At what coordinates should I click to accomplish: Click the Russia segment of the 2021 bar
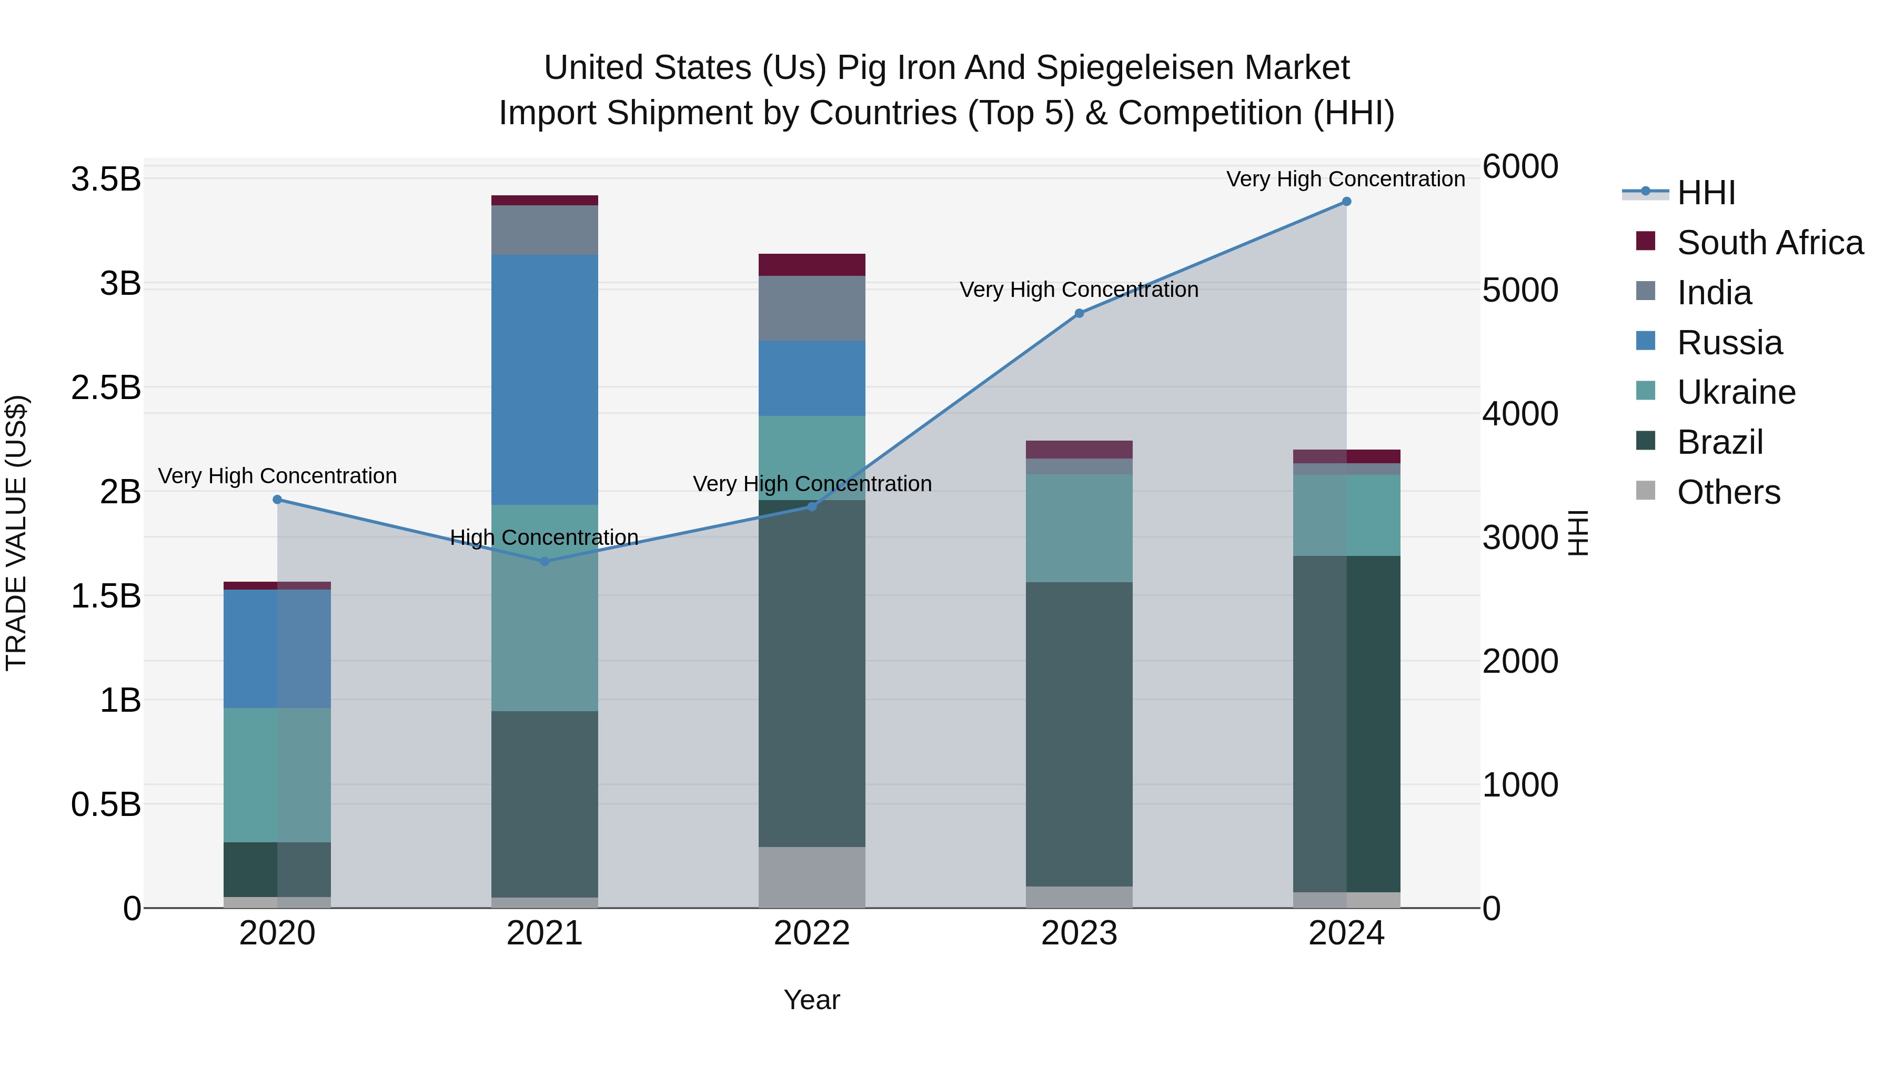pyautogui.click(x=544, y=379)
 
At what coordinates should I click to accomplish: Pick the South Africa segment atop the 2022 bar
pyautogui.click(x=812, y=264)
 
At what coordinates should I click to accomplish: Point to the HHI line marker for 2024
pyautogui.click(x=1346, y=202)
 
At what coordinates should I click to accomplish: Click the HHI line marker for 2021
pyautogui.click(x=544, y=561)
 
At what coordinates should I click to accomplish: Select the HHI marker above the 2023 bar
pyautogui.click(x=1079, y=313)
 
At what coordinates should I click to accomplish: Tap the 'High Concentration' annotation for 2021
pyautogui.click(x=544, y=538)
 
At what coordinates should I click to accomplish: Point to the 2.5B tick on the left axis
pyautogui.click(x=105, y=387)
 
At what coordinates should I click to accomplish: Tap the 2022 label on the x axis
pyautogui.click(x=812, y=933)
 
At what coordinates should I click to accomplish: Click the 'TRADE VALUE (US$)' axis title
pyautogui.click(x=16, y=533)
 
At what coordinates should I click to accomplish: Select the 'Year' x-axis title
pyautogui.click(x=812, y=1000)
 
